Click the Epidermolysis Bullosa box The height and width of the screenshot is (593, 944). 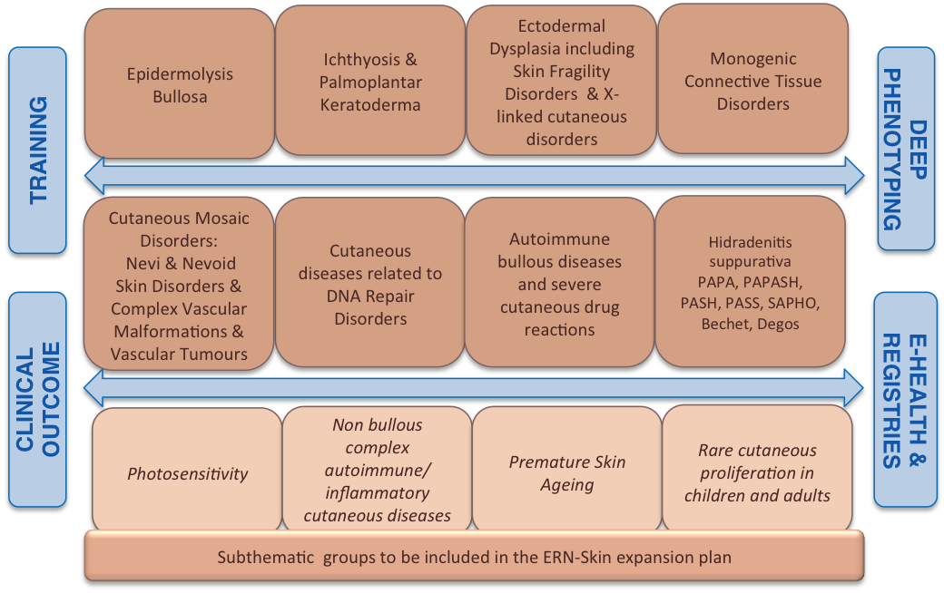180,83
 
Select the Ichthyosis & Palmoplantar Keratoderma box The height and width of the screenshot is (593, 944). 370,81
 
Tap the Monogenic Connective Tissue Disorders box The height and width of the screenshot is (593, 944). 753,80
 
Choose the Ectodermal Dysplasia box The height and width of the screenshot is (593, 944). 562,81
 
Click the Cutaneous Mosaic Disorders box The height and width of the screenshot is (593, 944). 179,283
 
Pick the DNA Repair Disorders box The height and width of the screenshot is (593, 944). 370,283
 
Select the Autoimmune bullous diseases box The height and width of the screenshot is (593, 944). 560,283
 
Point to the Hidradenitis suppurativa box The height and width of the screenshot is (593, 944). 750,281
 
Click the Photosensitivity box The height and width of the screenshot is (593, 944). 187,472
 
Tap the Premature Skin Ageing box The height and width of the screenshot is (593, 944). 567,471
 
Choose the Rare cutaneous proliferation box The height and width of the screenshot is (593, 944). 757,470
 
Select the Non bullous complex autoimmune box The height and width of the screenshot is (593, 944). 377,471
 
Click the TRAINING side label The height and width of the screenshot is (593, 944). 37,151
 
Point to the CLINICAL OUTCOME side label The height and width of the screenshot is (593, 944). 37,400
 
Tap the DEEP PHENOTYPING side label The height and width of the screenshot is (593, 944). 906,149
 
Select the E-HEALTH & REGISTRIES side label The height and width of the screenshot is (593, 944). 905,400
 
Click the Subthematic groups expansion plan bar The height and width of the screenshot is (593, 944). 475,557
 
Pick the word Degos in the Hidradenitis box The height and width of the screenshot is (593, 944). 778,325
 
